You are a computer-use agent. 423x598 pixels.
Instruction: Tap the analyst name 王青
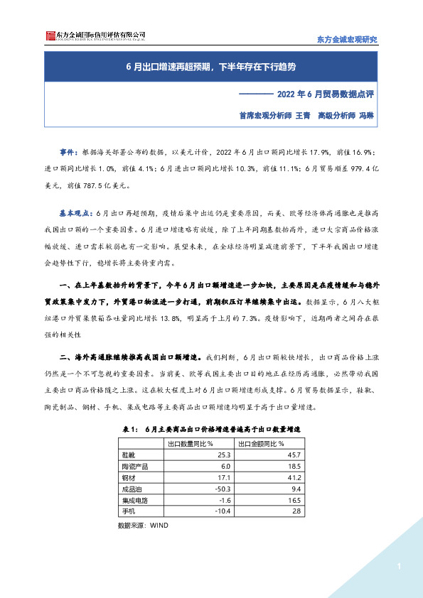[x=302, y=114]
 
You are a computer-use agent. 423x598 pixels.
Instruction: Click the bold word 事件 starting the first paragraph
[x=69, y=153]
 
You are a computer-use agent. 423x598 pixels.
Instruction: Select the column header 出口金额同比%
[x=269, y=443]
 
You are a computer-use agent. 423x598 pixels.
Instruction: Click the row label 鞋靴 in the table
[x=130, y=455]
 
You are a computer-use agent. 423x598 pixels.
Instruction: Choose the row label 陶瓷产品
[x=136, y=466]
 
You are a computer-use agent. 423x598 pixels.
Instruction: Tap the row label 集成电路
[x=136, y=500]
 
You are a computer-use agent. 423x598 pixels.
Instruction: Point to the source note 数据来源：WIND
[x=142, y=526]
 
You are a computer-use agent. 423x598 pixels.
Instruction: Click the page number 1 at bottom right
[x=400, y=567]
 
